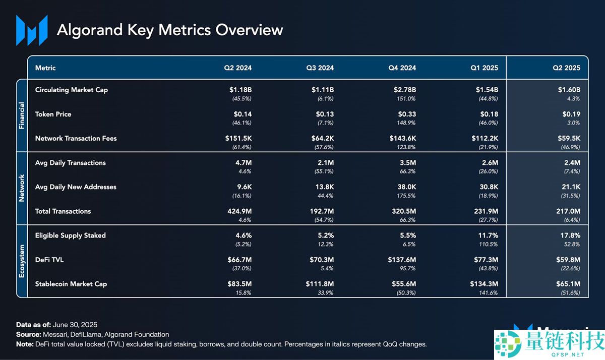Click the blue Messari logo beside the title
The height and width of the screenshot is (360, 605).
click(32, 30)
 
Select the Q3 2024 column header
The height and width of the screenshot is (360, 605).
click(320, 68)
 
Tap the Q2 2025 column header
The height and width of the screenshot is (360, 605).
click(566, 68)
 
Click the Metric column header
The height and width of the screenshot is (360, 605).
click(45, 68)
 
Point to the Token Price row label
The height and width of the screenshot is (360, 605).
click(53, 114)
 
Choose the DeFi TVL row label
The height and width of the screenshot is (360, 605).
click(49, 260)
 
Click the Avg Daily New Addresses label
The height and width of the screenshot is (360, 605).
click(76, 187)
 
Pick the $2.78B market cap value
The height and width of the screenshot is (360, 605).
click(404, 90)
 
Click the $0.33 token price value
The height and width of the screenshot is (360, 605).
click(407, 114)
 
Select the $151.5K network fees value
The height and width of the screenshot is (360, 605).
click(238, 138)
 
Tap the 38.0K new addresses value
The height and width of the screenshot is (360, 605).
click(406, 187)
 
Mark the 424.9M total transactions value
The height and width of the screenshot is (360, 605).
click(239, 211)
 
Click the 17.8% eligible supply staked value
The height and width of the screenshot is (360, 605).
click(570, 235)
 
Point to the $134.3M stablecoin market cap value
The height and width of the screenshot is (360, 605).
click(484, 284)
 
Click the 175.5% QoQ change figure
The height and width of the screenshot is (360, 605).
click(406, 196)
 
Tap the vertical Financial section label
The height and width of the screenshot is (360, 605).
click(22, 115)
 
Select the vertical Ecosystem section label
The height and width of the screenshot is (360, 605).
click(22, 261)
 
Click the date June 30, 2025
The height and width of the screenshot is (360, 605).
click(75, 325)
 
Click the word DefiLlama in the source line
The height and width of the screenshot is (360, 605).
click(86, 335)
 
